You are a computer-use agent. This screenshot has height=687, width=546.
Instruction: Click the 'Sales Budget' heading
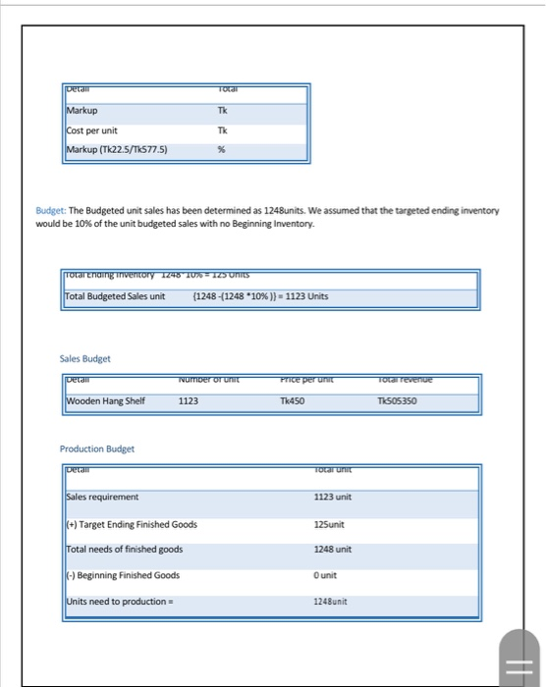84,358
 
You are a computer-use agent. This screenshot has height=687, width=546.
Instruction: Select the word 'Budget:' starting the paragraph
49,211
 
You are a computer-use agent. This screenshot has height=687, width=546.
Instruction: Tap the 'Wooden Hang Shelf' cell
105,400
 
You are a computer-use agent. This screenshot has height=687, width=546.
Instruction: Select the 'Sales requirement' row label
103,498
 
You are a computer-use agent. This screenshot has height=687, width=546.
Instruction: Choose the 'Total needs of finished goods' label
124,549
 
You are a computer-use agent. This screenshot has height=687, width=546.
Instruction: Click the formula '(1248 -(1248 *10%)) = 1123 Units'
259,296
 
